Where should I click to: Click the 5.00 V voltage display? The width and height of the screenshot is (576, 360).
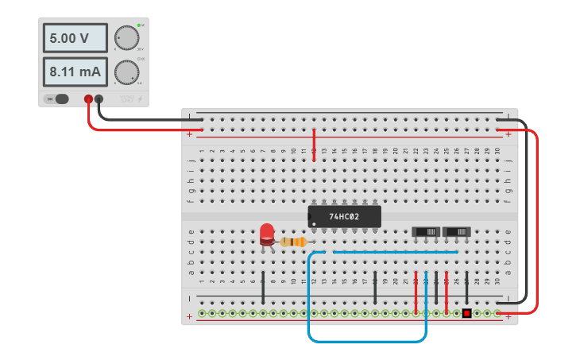(75, 38)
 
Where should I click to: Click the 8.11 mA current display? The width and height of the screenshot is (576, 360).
(75, 72)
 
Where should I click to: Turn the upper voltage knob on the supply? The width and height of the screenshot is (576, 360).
(126, 37)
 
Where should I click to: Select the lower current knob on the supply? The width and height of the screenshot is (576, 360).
(126, 72)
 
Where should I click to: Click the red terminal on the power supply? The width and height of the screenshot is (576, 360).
(88, 99)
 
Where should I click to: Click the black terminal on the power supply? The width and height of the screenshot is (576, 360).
(99, 99)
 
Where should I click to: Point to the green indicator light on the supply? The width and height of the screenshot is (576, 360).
(139, 25)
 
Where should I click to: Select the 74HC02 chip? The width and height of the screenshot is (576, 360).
(344, 216)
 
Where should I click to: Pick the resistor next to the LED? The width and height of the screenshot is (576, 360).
(294, 242)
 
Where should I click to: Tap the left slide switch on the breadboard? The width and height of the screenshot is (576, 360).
(427, 231)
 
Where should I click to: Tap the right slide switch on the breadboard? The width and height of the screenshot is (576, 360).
(457, 231)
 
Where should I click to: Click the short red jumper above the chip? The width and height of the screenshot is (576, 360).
(315, 145)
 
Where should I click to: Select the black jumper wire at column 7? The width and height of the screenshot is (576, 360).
(263, 287)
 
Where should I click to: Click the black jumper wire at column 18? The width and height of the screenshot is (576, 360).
(375, 287)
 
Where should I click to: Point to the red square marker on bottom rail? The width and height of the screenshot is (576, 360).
(467, 313)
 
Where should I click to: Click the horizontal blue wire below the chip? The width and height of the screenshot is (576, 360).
(395, 252)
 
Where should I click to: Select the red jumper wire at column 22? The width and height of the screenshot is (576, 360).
(416, 292)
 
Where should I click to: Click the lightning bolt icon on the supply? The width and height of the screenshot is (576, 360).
(141, 99)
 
